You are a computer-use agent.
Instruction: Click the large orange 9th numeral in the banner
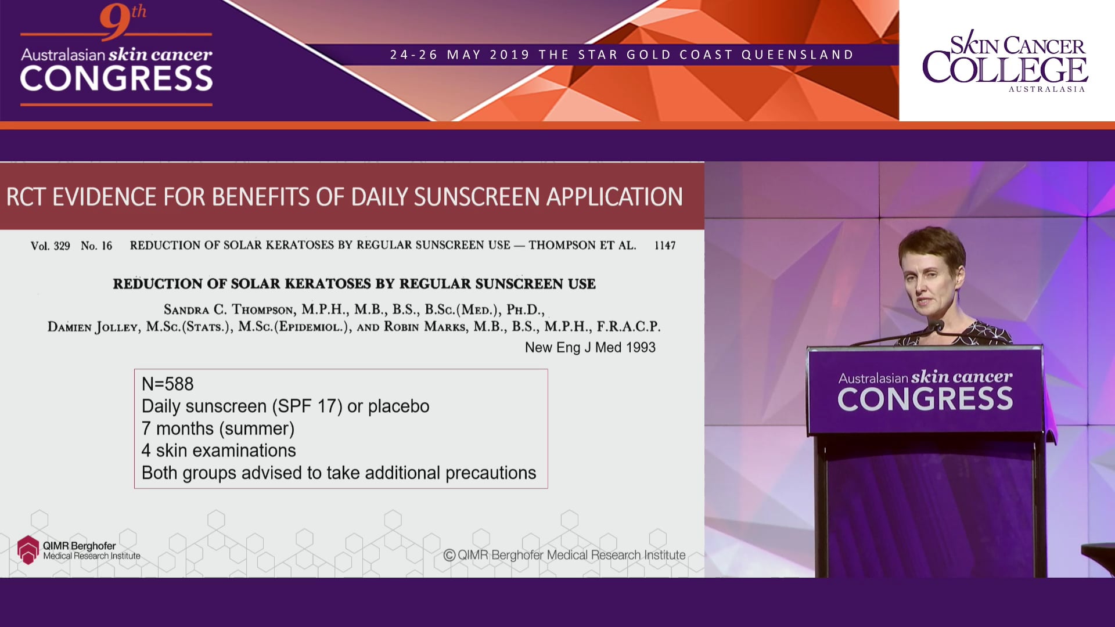point(116,22)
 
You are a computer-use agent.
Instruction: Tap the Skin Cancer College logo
point(1005,61)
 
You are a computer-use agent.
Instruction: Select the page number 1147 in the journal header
point(664,246)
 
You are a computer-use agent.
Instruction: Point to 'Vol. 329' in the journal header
point(50,246)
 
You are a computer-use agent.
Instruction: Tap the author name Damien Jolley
point(93,327)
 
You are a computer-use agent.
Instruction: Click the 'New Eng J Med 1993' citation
point(590,347)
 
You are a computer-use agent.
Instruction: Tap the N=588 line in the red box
point(168,384)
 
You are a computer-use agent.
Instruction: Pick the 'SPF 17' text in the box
point(307,406)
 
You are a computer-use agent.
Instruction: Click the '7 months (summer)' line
point(218,428)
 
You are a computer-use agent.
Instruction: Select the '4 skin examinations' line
point(218,451)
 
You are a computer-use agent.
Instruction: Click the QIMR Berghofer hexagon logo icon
point(28,549)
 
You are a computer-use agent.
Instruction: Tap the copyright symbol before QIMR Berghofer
point(449,555)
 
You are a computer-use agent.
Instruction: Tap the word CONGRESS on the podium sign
point(925,399)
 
